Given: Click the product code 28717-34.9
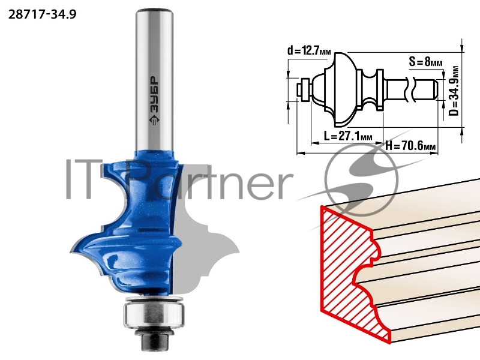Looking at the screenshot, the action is coord(42,14).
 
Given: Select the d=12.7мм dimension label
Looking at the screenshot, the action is coord(309,50).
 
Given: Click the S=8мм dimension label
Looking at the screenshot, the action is coord(426,62).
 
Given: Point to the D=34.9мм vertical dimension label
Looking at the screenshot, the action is coord(454,91).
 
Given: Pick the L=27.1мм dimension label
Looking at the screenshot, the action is coord(348,136).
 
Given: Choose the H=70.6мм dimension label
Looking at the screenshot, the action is coord(410,146).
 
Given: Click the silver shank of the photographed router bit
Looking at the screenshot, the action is coord(154,80).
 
